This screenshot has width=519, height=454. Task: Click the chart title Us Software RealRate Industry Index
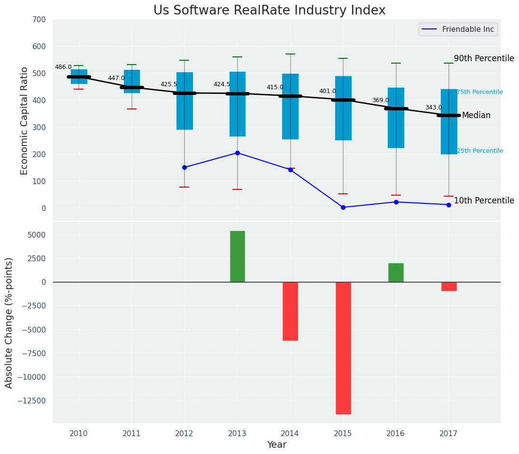(x=269, y=11)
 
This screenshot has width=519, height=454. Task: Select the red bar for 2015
(x=343, y=347)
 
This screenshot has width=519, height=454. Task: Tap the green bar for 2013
(x=237, y=256)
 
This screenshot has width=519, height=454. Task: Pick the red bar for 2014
(x=290, y=311)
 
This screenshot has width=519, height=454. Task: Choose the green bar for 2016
(x=396, y=272)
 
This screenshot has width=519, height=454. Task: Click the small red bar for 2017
(x=449, y=286)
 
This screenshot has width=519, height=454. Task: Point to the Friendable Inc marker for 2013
(x=237, y=153)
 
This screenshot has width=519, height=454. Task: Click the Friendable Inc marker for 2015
(x=343, y=207)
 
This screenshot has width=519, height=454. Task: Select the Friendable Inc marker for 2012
(x=184, y=167)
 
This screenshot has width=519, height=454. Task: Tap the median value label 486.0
(x=63, y=67)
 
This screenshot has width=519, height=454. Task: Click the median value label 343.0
(x=433, y=107)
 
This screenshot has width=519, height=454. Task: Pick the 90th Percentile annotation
(x=484, y=58)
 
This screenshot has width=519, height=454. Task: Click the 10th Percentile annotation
(x=484, y=200)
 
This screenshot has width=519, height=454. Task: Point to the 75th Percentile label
(x=479, y=92)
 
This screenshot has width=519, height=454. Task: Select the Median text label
(x=476, y=115)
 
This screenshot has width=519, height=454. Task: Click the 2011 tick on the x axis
(x=131, y=434)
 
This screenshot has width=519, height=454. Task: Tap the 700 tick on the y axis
(x=39, y=19)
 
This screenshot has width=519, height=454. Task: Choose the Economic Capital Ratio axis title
(x=25, y=120)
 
